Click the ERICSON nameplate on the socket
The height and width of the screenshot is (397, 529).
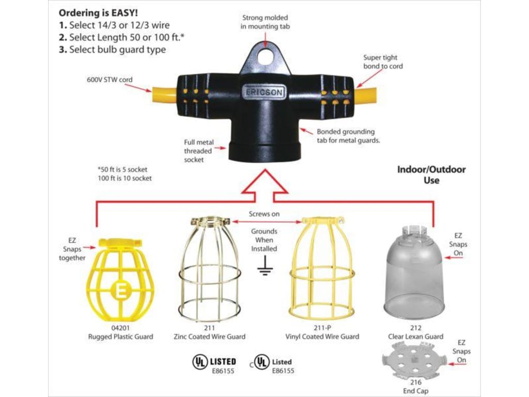[x=263, y=93]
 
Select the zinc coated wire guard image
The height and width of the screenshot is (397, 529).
[x=209, y=269]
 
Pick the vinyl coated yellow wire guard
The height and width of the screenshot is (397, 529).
[x=321, y=269]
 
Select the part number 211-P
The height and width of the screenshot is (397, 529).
[x=322, y=328]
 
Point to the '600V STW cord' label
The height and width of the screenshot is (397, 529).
[x=110, y=80]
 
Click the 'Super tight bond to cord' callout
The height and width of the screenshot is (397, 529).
[x=383, y=62]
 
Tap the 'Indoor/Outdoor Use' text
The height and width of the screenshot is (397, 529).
[x=431, y=175]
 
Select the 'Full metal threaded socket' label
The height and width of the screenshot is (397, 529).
[x=198, y=151]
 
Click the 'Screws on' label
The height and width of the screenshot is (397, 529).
[x=264, y=213]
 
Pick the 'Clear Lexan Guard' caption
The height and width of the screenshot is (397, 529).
[x=415, y=337]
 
